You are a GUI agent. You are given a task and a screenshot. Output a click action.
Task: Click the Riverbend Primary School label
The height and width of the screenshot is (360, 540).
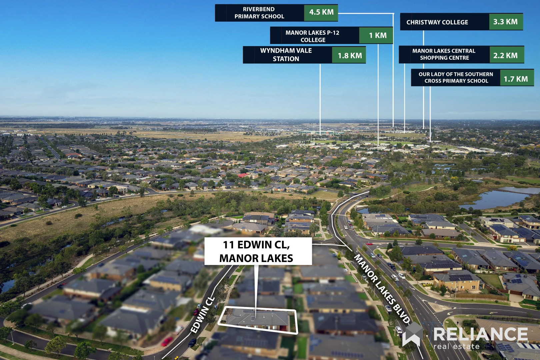click(x=259, y=13)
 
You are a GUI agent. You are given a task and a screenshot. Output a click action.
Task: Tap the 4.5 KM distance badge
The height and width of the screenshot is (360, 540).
click(x=321, y=13)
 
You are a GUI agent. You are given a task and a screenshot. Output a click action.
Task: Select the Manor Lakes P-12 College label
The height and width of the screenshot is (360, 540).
click(x=313, y=36)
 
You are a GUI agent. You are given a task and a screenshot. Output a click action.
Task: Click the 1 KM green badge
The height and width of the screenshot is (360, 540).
click(x=377, y=35)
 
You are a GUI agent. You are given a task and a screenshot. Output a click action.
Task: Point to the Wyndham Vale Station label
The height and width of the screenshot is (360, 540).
click(x=286, y=55)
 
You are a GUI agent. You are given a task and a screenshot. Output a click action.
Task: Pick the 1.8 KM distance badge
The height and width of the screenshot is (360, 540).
click(x=349, y=55)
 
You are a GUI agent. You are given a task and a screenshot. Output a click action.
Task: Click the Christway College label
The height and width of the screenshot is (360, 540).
click(x=437, y=22)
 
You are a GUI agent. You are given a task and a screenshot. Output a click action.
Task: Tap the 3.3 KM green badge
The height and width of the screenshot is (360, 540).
click(x=505, y=22)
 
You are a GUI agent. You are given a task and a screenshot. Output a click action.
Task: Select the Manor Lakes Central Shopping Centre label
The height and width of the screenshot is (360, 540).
click(x=444, y=54)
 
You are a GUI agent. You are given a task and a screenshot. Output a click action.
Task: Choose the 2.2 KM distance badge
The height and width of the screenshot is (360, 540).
click(x=505, y=55)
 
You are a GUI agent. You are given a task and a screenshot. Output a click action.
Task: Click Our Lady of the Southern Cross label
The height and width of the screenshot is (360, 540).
click(x=456, y=78)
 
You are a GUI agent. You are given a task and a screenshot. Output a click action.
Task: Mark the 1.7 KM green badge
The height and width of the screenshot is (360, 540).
click(x=516, y=79)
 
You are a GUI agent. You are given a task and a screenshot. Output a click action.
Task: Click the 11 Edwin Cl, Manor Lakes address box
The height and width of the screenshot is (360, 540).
click(x=258, y=251)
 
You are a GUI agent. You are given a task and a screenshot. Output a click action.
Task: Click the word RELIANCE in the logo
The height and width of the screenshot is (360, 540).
click(x=480, y=334)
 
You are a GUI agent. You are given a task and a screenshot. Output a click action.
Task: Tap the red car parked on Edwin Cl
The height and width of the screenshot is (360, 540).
click(x=167, y=341)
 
